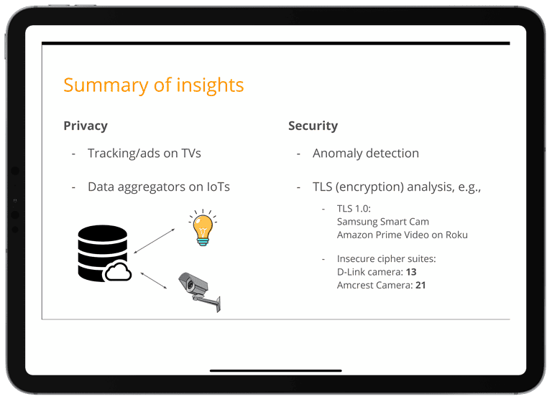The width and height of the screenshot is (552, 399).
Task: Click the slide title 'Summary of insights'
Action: pos(153,85)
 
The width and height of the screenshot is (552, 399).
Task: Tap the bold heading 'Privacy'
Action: pos(86,126)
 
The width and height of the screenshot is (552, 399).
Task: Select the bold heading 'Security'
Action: pos(313,126)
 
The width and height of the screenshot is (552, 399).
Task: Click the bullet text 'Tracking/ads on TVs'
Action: pos(144,153)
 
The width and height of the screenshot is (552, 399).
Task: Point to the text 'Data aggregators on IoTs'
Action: pos(158,187)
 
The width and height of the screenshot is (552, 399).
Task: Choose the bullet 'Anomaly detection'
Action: pos(365,153)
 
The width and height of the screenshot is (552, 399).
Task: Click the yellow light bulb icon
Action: pos(202,228)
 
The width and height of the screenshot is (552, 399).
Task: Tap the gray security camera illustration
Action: pos(199,291)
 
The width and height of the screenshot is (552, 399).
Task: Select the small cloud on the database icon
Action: pos(117,272)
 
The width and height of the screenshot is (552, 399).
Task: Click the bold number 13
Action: pos(410,272)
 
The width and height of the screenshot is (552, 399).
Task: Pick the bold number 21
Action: pos(420,285)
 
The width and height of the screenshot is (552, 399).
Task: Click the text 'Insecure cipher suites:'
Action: pos(386,259)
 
